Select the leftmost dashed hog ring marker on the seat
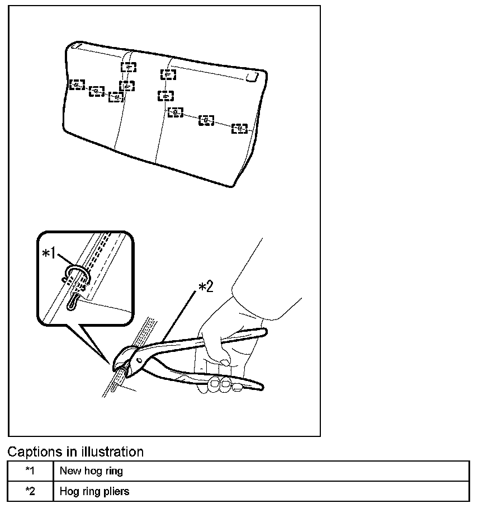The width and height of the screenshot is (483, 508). coord(77,84)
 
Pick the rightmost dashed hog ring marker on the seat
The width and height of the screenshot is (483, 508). coord(240,129)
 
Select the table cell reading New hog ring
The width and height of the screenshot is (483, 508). coord(91,471)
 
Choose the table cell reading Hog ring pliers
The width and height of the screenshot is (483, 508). coord(94,491)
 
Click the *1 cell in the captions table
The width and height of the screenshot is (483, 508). coord(30,471)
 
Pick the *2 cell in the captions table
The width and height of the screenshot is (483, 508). coord(30,491)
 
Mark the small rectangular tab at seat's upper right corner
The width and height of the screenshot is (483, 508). coord(252,77)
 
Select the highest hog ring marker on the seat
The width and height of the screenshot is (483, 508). coord(129,67)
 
